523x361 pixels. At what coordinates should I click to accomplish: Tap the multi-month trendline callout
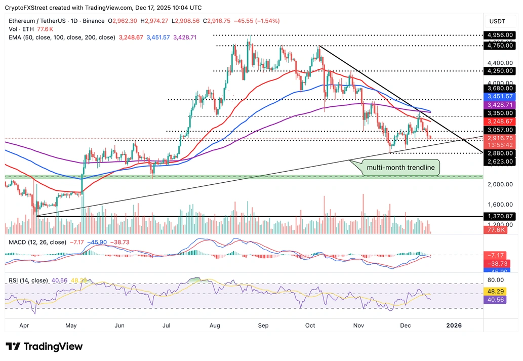(400, 168)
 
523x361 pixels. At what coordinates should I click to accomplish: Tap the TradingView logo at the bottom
(44, 346)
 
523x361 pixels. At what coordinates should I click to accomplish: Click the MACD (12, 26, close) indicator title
(38, 242)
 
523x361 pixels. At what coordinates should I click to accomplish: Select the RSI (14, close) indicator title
(28, 280)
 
